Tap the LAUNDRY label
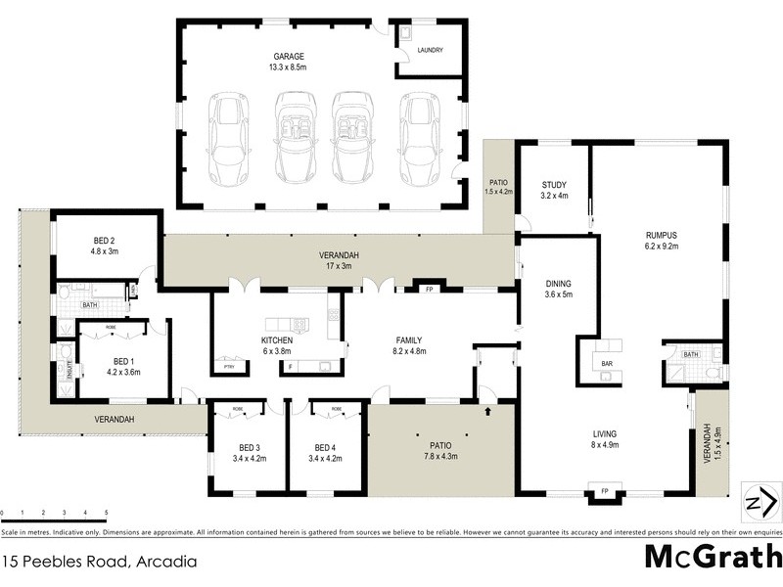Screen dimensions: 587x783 click(430, 50)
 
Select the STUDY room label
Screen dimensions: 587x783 click(555, 185)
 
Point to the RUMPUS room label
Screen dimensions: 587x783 click(662, 236)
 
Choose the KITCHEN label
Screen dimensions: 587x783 click(277, 340)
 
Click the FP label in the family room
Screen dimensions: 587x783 click(429, 290)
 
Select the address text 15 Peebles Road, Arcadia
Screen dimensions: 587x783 click(100, 563)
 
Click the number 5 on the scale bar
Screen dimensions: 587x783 click(106, 513)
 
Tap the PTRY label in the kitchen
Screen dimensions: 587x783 click(229, 366)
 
